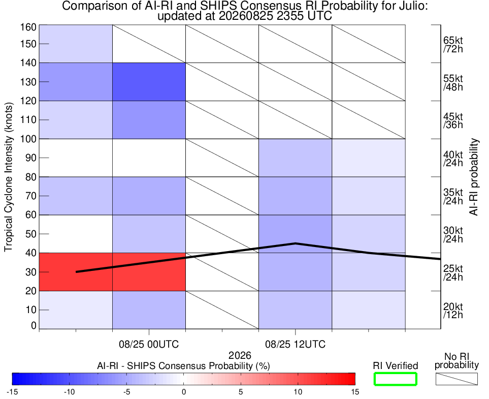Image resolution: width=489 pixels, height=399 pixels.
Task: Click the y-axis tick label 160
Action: (x=28, y=27)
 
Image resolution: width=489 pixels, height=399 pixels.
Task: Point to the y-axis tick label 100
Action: (x=28, y=139)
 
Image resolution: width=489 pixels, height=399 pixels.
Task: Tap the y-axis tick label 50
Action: (x=31, y=234)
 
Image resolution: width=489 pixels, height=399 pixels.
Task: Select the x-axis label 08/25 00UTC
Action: (x=149, y=345)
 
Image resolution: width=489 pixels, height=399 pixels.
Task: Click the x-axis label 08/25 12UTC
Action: (x=296, y=345)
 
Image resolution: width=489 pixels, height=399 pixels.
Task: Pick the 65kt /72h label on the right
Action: (x=453, y=45)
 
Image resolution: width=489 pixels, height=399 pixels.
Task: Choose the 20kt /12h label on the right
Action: (x=453, y=311)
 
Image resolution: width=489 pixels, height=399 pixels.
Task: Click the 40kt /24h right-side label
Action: (x=453, y=159)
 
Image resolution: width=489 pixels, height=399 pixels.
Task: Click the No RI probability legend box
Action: (x=457, y=379)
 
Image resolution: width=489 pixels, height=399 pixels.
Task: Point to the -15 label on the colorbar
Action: (x=12, y=392)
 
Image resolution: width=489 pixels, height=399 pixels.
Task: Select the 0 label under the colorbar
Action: (x=184, y=392)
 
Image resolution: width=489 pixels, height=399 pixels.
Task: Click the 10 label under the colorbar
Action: (x=298, y=392)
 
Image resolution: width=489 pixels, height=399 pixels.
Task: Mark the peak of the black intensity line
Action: (x=296, y=243)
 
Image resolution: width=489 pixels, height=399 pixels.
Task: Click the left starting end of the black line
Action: (x=76, y=272)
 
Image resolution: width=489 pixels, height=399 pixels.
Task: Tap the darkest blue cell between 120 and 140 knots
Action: (x=149, y=82)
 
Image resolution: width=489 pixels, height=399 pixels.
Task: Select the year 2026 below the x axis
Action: (x=240, y=355)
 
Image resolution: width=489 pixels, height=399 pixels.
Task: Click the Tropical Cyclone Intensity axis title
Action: (x=9, y=177)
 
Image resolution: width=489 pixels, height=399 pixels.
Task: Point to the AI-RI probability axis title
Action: (x=474, y=177)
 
